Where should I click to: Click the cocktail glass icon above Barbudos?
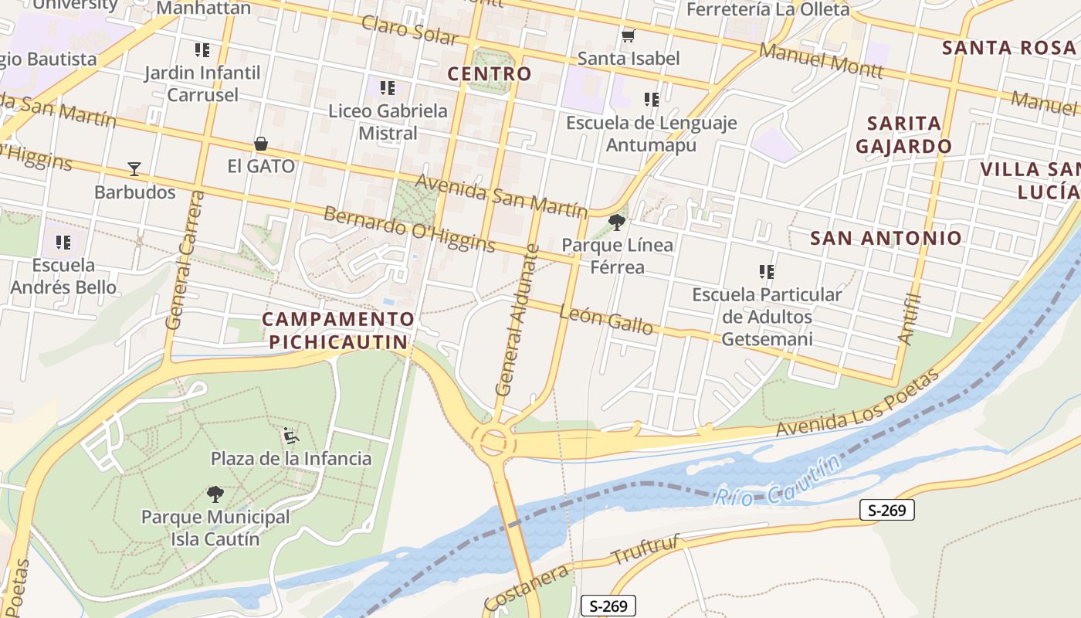[134, 169]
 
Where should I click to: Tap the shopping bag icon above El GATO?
[261, 144]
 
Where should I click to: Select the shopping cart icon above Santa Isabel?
[628, 36]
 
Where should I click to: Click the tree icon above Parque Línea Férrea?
[616, 223]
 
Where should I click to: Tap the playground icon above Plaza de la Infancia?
[291, 436]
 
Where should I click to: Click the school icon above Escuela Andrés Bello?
[63, 243]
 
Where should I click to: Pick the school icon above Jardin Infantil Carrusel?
[202, 51]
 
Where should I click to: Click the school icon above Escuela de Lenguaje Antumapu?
[652, 100]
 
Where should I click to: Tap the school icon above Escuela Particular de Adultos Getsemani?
[767, 272]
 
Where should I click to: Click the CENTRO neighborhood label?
[490, 74]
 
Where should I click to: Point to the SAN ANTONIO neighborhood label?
[886, 238]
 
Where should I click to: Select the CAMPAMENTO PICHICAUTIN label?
[338, 331]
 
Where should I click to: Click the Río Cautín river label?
[776, 482]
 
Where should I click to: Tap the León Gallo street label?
[605, 318]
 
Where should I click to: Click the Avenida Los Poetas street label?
[858, 403]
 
